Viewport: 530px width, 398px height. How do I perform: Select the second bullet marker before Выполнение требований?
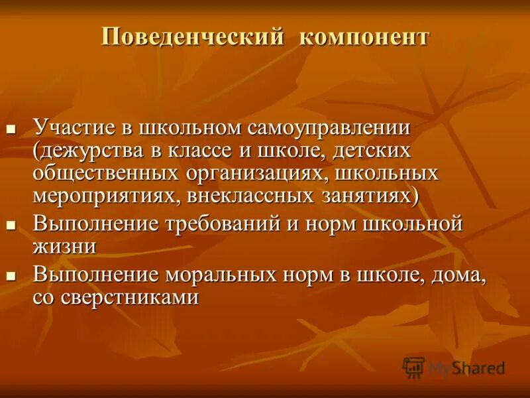[11, 224]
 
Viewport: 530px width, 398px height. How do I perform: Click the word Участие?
[75, 126]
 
